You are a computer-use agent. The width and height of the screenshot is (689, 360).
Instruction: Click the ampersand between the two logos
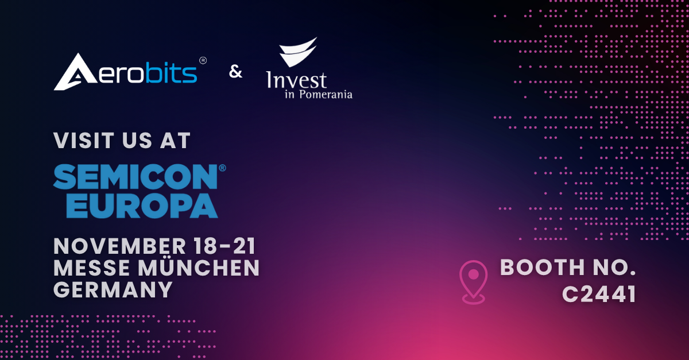[x=235, y=72]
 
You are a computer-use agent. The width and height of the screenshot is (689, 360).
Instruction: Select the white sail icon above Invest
[x=298, y=52]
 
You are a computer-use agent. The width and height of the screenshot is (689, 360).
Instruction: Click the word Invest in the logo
[x=296, y=80]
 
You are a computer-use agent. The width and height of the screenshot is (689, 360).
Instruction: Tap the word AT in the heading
[x=175, y=141]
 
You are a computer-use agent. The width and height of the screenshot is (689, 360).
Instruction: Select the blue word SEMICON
[x=136, y=177]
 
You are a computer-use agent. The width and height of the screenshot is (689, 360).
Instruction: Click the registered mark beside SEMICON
[x=222, y=168]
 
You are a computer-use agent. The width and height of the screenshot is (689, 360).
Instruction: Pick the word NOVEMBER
[x=119, y=246]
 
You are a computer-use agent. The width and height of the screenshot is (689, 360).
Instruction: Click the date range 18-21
[x=225, y=246]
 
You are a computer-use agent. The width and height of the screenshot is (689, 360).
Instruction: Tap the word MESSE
[x=92, y=268]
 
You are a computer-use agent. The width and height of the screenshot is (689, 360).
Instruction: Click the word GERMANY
[x=113, y=290]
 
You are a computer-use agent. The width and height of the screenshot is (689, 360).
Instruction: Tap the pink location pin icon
[x=473, y=282]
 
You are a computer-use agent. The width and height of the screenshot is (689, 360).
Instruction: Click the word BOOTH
[x=542, y=267]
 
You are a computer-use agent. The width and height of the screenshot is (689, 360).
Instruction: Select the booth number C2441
[x=599, y=294]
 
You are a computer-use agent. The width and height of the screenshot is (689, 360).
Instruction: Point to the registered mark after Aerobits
[x=203, y=61]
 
